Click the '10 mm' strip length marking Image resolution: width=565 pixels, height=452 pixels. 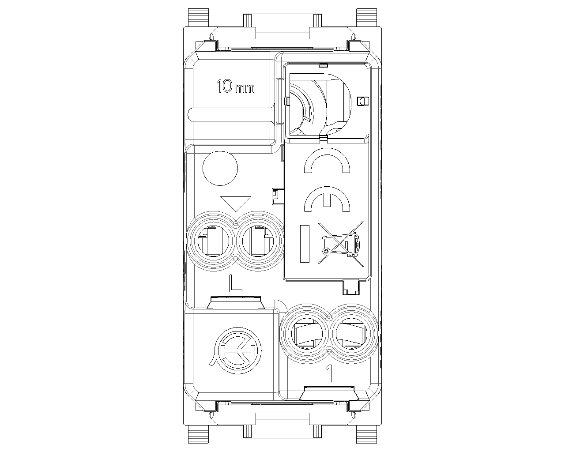(236, 86)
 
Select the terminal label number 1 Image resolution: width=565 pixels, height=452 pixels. (329, 373)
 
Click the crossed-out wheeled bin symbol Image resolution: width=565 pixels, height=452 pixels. (341, 244)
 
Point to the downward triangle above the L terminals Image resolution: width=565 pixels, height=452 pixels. (236, 203)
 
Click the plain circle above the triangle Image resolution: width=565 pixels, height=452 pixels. (220, 168)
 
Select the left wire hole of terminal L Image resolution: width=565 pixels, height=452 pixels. (213, 241)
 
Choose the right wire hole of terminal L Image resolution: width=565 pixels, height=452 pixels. (258, 241)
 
